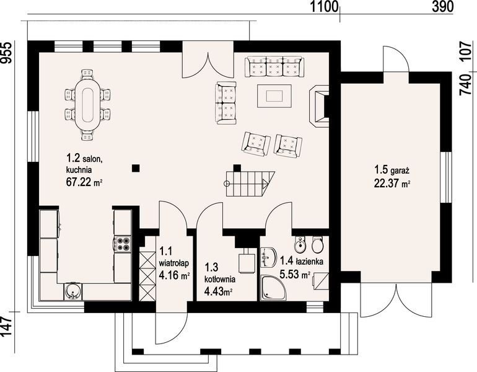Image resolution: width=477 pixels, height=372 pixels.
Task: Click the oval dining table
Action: [x=87, y=105]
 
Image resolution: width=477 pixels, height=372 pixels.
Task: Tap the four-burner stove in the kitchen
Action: [x=123, y=244]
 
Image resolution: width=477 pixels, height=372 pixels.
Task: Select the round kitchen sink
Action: [x=72, y=291]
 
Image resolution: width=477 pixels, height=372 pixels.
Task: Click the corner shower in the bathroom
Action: [x=274, y=288]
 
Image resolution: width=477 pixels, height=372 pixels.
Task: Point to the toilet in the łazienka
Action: [x=318, y=244]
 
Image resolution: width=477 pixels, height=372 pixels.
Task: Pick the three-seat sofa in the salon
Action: [x=273, y=66]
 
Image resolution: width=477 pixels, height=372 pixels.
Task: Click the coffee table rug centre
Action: [x=274, y=96]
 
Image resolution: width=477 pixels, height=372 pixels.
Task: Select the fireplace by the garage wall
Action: [x=319, y=105]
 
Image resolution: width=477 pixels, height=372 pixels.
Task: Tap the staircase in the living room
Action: [x=250, y=184]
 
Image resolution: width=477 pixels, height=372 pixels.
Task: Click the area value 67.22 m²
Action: [x=84, y=182]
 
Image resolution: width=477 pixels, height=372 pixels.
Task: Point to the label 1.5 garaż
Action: [x=392, y=169]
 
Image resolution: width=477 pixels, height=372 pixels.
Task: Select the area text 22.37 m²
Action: [x=392, y=184]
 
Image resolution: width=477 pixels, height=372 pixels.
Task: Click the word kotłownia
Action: [x=220, y=278]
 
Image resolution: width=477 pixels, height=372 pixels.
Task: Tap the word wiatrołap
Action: [x=174, y=263]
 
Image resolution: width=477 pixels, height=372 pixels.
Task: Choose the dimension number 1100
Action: [x=324, y=7]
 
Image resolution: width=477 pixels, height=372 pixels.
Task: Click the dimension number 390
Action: [x=443, y=7]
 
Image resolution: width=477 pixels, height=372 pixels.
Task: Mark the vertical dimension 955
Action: [x=6, y=52]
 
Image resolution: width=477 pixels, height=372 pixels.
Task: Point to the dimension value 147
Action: [x=6, y=326]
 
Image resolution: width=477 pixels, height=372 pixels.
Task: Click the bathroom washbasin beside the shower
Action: [x=268, y=257]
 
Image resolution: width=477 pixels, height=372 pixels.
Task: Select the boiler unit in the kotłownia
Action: [x=246, y=260]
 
